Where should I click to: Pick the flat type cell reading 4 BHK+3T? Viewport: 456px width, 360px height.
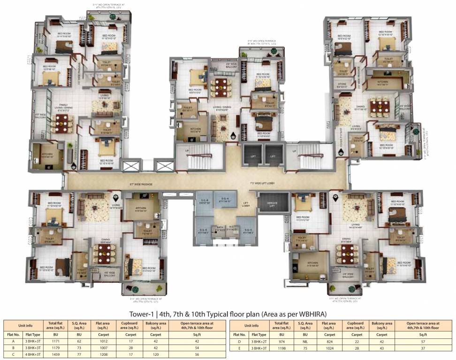click(x=31, y=355)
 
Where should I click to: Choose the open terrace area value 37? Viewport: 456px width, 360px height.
click(x=423, y=348)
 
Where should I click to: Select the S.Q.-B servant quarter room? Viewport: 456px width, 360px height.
click(x=204, y=202)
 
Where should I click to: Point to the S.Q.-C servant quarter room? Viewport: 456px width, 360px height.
click(x=247, y=230)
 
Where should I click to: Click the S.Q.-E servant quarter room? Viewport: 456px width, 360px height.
click(x=203, y=230)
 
